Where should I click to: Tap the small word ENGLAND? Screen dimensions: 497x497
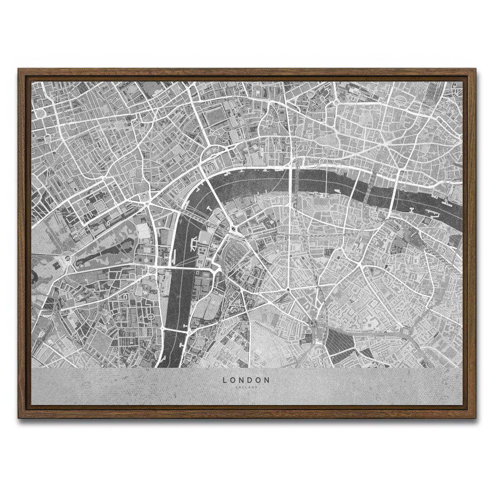pos(246,387)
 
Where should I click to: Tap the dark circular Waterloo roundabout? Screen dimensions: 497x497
pos(233,229)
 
